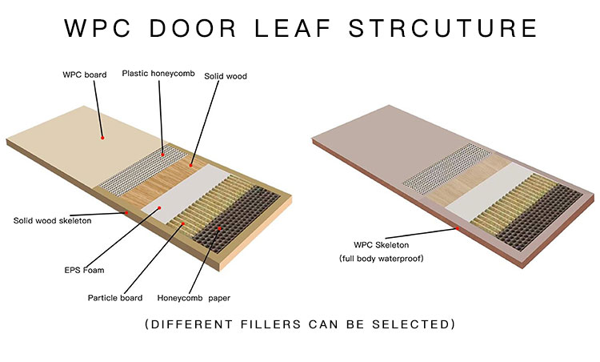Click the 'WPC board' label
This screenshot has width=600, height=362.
[85, 74]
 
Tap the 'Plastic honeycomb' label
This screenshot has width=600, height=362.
[158, 73]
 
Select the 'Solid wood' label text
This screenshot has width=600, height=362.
[226, 76]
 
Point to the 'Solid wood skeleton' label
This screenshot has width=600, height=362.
[53, 221]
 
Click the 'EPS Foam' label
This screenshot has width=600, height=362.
[84, 270]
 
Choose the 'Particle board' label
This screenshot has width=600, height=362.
[115, 298]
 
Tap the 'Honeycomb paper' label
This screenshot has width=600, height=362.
[194, 298]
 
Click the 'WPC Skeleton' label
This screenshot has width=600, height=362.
[381, 245]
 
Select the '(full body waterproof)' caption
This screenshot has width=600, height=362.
[382, 259]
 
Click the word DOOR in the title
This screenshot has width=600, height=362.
[193, 28]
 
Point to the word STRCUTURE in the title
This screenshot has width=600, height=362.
[443, 28]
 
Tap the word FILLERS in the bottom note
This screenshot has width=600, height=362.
[271, 324]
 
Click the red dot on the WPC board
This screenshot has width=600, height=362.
[102, 138]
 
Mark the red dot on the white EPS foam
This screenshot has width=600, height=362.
[159, 207]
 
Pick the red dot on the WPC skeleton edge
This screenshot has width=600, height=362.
[458, 228]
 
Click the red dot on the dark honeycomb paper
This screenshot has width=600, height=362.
[219, 228]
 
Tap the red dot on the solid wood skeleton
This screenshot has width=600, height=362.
[126, 212]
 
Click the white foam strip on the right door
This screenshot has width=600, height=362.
[490, 191]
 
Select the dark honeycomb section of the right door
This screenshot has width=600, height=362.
[538, 217]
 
